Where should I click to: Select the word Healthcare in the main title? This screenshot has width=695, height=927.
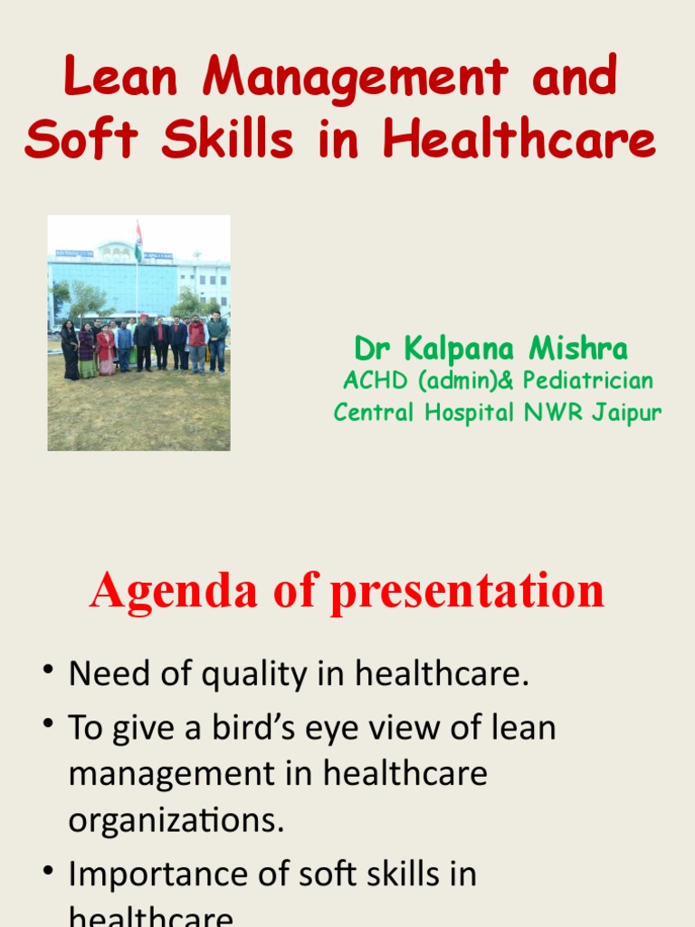tap(519, 140)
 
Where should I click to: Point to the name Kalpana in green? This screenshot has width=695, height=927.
tap(458, 349)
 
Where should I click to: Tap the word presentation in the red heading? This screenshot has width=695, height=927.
tap(467, 592)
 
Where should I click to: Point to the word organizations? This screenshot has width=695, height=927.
tap(176, 820)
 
